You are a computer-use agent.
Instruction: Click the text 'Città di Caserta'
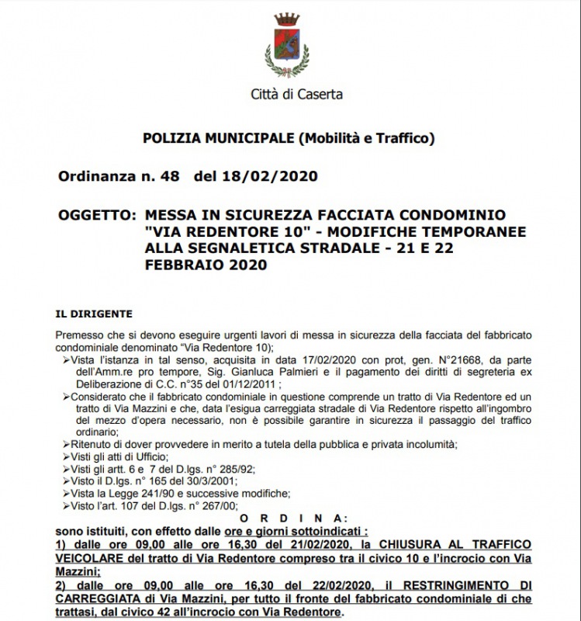pos(296,95)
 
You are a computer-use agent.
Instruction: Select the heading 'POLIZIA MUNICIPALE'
pos(219,139)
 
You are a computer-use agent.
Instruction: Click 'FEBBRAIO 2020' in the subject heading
pos(206,265)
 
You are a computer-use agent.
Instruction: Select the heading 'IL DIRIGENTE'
pos(94,314)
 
